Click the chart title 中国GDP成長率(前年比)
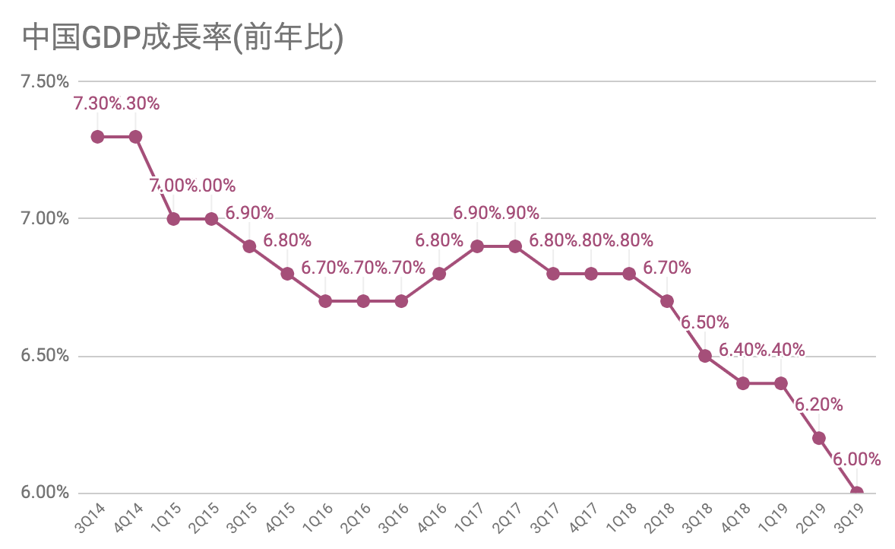pyautogui.click(x=183, y=38)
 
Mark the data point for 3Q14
pyautogui.click(x=97, y=137)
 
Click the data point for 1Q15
pyautogui.click(x=173, y=219)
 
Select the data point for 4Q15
pyautogui.click(x=287, y=274)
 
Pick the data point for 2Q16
pyautogui.click(x=363, y=301)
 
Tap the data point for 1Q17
pyautogui.click(x=477, y=246)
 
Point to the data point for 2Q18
pyautogui.click(x=667, y=301)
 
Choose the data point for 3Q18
pyautogui.click(x=705, y=356)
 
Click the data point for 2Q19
pyautogui.click(x=819, y=438)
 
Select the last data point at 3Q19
pyautogui.click(x=857, y=493)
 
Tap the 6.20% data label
pyautogui.click(x=819, y=405)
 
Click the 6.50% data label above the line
pyautogui.click(x=705, y=322)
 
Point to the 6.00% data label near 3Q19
pyautogui.click(x=857, y=459)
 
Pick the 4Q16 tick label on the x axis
pyautogui.click(x=436, y=517)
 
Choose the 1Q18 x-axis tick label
pyautogui.click(x=626, y=517)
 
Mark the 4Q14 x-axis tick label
pyautogui.click(x=132, y=517)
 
